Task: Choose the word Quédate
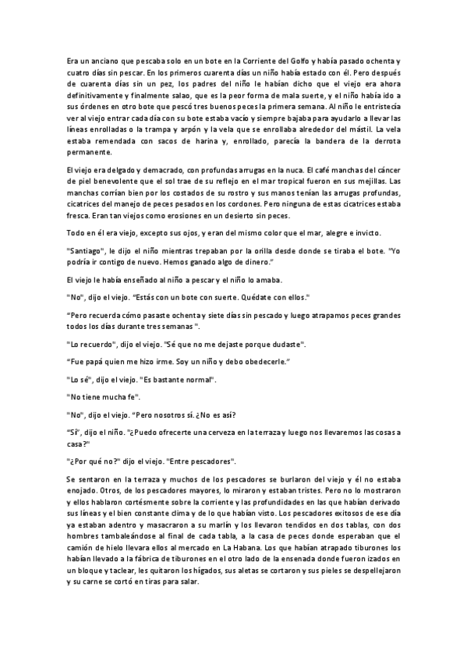(266, 297)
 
